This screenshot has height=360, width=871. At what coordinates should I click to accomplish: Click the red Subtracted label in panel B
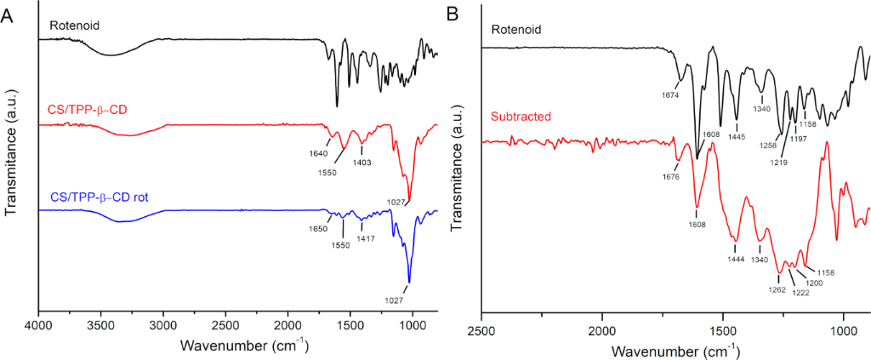tap(517, 115)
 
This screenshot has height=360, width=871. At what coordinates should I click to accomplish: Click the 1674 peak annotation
tap(670, 96)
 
